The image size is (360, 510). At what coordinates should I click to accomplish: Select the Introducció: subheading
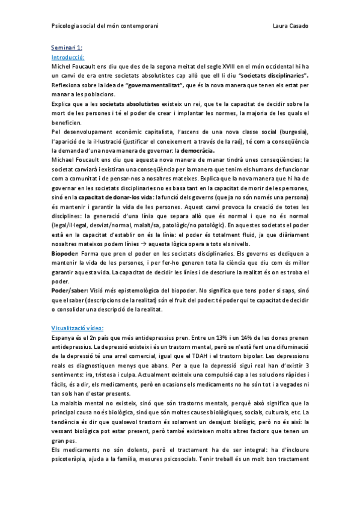click(x=68, y=56)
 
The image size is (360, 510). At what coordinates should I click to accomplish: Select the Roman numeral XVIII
click(x=217, y=66)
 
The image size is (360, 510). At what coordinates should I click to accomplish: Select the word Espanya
click(x=64, y=338)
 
